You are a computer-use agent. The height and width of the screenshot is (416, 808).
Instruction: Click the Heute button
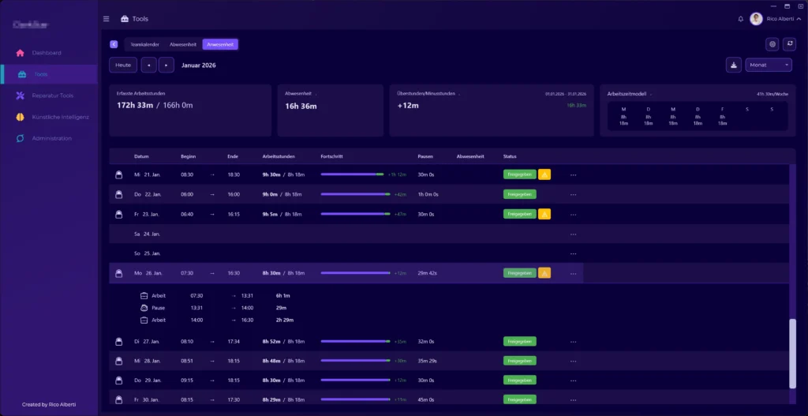pos(122,65)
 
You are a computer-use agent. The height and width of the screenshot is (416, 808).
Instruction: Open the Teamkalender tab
pos(144,44)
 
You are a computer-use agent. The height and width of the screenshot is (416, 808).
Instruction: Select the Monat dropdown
pos(768,65)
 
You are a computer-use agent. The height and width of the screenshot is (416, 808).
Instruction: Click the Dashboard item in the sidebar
pos(47,53)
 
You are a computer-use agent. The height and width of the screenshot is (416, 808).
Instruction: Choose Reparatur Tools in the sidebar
pos(52,96)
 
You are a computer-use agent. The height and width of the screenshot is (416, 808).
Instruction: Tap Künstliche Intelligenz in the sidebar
pos(60,117)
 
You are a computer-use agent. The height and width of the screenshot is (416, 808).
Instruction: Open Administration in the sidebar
pos(51,138)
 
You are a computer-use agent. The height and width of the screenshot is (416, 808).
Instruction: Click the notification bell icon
pos(740,18)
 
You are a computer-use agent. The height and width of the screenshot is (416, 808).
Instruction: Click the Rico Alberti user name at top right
pos(780,18)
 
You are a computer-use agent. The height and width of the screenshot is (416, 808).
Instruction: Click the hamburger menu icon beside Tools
pos(107,18)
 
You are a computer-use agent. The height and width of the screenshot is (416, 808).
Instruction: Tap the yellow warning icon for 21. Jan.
pos(544,174)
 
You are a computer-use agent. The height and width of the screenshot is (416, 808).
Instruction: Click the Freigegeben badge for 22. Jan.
pos(519,194)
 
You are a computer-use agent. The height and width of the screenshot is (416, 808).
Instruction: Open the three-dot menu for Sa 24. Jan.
pos(573,234)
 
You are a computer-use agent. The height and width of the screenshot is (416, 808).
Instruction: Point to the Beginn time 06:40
pos(187,214)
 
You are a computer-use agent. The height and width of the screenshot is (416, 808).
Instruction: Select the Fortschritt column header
pos(332,156)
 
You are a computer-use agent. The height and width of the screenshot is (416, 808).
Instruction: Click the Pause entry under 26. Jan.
pos(158,308)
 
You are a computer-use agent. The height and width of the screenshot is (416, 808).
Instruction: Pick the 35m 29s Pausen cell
pos(428,361)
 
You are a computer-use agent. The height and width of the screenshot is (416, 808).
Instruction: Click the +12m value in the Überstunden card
pos(407,105)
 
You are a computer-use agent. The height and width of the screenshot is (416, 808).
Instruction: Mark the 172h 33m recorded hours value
pos(134,105)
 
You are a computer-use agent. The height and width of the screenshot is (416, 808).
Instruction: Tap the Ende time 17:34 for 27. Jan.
pos(233,341)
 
